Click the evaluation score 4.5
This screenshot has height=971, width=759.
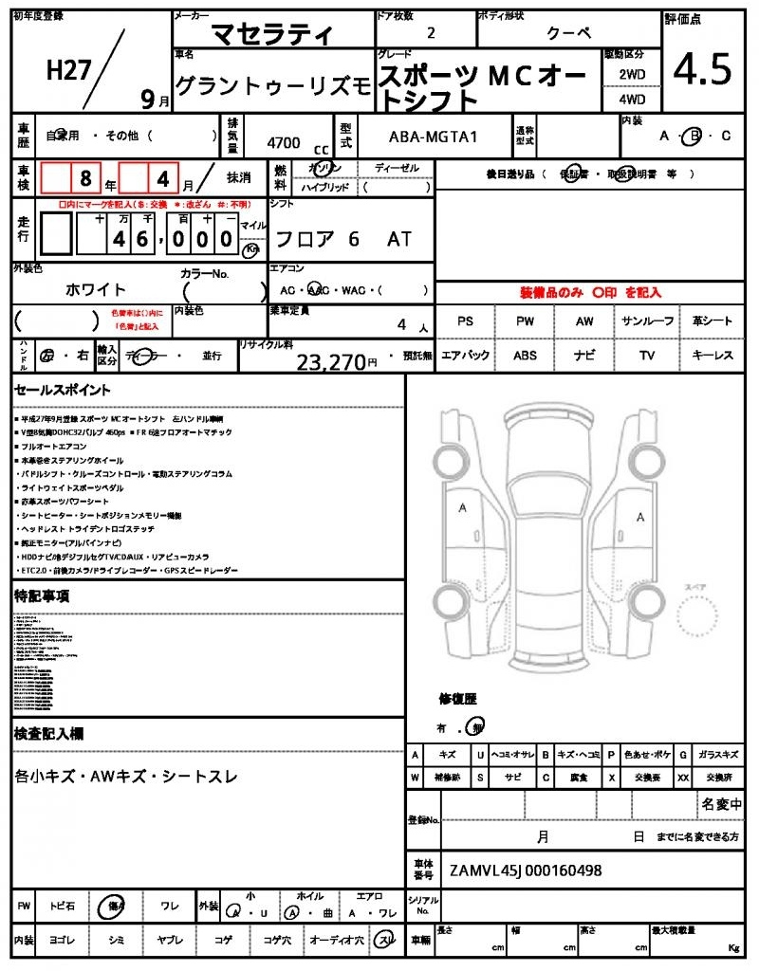point(703,69)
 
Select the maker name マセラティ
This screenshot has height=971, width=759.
point(271,35)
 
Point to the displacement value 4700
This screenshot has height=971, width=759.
point(284,142)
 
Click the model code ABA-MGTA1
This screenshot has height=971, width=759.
point(434,137)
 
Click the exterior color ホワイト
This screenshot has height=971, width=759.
point(95,289)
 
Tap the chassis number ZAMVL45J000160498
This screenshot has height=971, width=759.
point(526,870)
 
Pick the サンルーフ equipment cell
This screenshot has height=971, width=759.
point(647,321)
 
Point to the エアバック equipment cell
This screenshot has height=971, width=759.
point(465,356)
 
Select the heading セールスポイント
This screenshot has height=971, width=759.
point(63,390)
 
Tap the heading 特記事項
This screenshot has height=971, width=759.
point(42,596)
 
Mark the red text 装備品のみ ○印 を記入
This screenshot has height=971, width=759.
point(590,293)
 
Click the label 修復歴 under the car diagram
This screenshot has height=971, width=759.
point(457,699)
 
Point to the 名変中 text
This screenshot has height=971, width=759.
point(722,804)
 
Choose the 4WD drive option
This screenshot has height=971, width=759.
point(632,99)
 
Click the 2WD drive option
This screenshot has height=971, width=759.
point(632,74)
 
